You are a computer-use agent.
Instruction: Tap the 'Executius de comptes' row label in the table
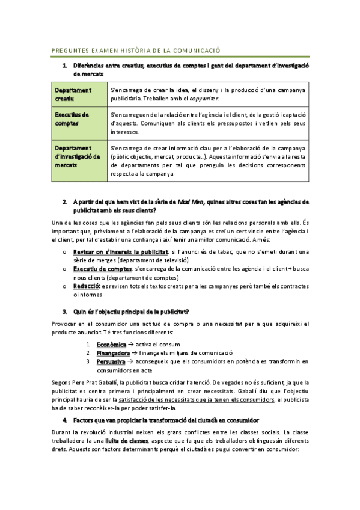(x=72, y=118)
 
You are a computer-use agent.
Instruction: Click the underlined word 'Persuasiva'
(x=111, y=362)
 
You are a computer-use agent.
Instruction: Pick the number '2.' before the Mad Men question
(x=64, y=201)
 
